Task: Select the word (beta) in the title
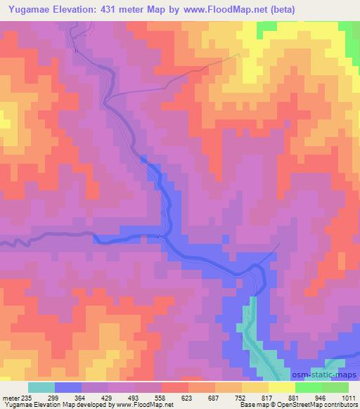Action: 281,9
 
